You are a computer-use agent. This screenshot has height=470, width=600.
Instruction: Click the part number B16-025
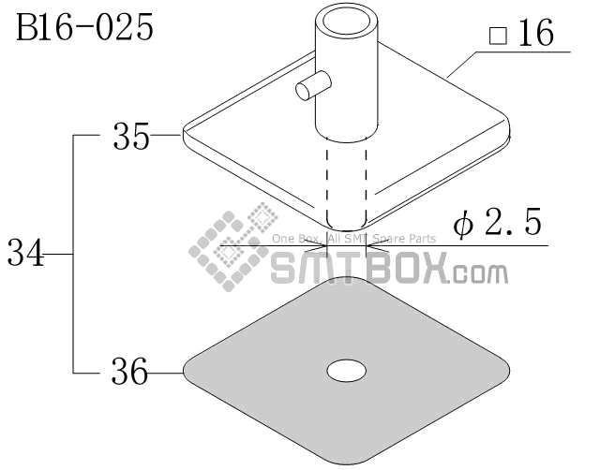pos(84,27)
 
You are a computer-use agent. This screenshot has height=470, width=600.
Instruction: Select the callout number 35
pos(131,136)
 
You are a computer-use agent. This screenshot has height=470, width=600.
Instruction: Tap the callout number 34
pos(25,252)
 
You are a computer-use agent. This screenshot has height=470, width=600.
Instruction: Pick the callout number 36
pos(129,371)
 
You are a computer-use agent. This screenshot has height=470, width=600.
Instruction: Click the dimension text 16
pos(536,33)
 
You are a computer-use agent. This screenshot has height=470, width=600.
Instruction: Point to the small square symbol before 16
pos(498,36)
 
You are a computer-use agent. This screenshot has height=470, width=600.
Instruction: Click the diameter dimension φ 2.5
pos(497,222)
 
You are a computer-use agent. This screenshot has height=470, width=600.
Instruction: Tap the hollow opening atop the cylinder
pos(347,22)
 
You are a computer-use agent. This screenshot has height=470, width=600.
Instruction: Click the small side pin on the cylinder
pos(312,85)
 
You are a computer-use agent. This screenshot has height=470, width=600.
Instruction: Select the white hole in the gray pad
pos(346,370)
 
